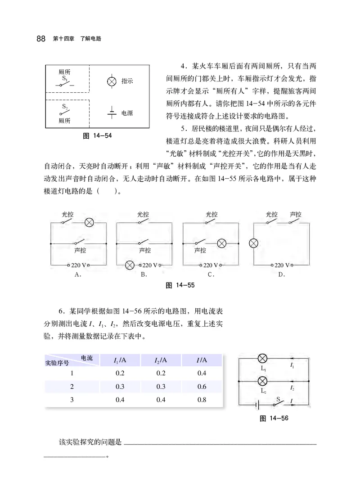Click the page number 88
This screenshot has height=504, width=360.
click(40, 39)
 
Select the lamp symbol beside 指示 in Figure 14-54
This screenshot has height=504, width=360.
click(112, 81)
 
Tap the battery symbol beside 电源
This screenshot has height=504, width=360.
click(112, 112)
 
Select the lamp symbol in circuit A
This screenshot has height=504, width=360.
click(89, 222)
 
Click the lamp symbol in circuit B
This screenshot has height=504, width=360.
click(130, 265)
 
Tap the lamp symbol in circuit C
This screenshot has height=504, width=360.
click(221, 243)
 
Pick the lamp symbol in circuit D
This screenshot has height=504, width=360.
click(254, 243)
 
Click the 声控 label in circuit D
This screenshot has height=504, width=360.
click(295, 214)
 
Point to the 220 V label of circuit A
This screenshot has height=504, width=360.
click(79, 265)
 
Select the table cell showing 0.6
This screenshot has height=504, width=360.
click(202, 387)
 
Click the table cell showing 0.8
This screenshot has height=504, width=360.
click(202, 400)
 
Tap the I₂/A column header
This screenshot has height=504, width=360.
click(161, 360)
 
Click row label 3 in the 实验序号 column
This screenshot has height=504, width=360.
click(72, 400)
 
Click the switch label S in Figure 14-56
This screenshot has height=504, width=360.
click(278, 399)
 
